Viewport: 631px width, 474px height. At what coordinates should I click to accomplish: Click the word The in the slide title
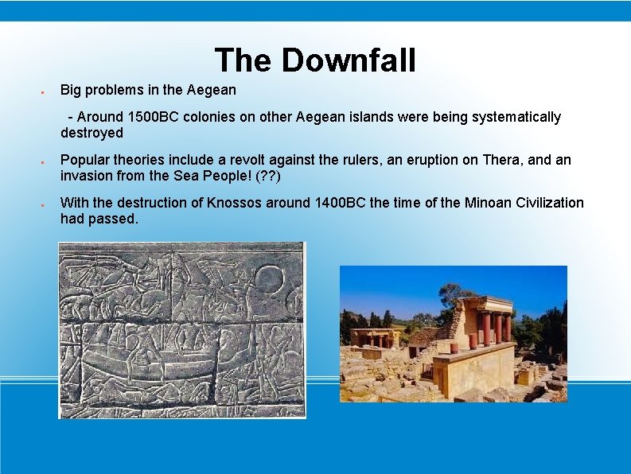point(243,60)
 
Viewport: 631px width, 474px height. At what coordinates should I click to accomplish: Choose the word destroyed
point(92,133)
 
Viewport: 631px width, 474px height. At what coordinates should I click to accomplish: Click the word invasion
point(87,175)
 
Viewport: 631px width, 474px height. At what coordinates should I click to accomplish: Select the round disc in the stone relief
point(269,281)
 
